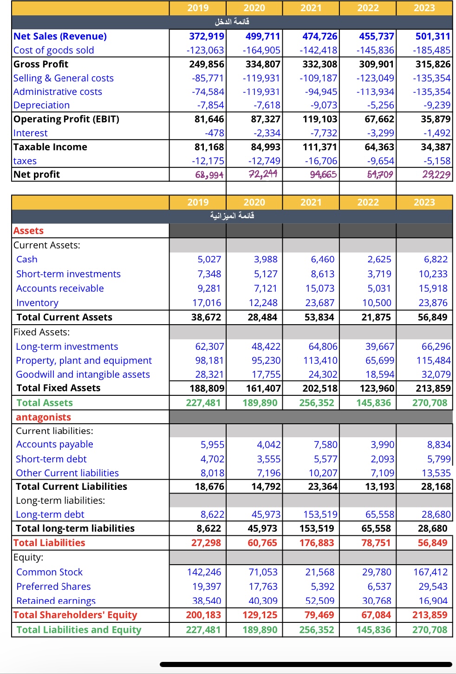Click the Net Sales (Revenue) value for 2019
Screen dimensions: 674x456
click(206, 36)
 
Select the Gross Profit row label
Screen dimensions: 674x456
click(41, 64)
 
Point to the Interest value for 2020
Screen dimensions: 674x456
click(267, 133)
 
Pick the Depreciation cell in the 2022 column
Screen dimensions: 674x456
click(380, 105)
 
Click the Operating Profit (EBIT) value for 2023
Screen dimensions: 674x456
click(436, 119)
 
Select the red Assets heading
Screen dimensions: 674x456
click(28, 231)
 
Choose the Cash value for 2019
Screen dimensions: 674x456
click(209, 259)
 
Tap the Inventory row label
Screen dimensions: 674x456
click(37, 303)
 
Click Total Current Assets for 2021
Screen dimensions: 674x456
click(319, 317)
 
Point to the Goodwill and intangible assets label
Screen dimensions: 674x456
click(83, 374)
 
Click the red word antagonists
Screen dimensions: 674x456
click(43, 417)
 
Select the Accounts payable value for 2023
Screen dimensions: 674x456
click(438, 445)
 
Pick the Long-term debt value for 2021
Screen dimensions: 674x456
click(320, 514)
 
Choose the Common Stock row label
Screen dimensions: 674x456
click(49, 572)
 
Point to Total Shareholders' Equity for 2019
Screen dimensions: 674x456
click(203, 615)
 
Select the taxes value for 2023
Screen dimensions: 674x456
click(437, 161)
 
